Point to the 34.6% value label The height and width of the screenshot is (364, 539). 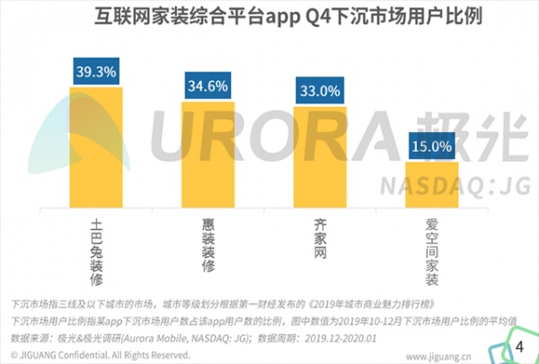point(208,84)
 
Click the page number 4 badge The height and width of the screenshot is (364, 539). point(517,346)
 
